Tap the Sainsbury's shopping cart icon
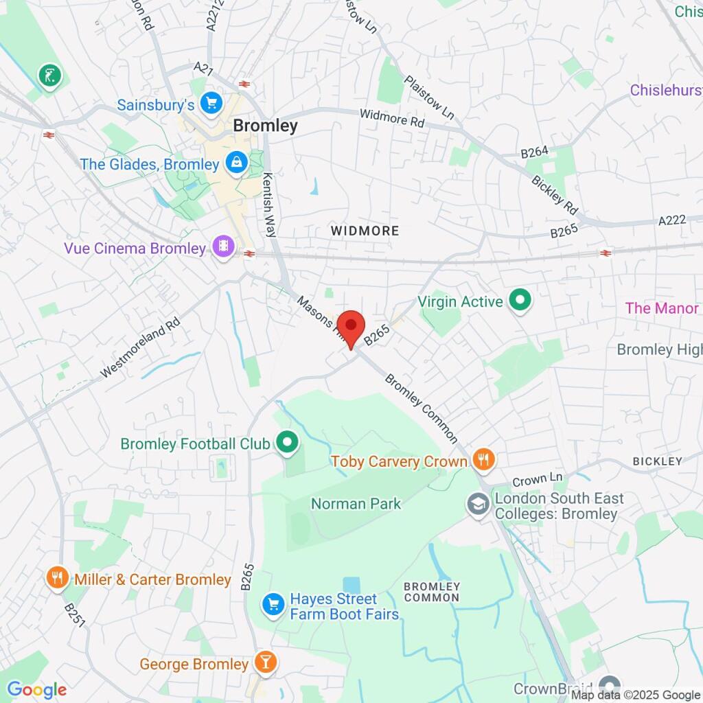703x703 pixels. click(211, 104)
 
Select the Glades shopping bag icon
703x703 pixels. click(236, 163)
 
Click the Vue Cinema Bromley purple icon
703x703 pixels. click(223, 248)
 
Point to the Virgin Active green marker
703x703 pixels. click(520, 301)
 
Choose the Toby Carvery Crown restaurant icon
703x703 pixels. click(484, 461)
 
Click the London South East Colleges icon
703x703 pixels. click(475, 505)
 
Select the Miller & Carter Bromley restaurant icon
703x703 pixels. click(57, 579)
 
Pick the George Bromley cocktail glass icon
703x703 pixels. click(264, 664)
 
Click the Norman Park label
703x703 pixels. click(356, 504)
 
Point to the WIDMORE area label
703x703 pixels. click(365, 231)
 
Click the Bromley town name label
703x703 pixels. click(266, 126)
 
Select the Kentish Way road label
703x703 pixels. click(270, 195)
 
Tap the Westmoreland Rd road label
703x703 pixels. click(140, 347)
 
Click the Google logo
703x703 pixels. click(36, 690)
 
